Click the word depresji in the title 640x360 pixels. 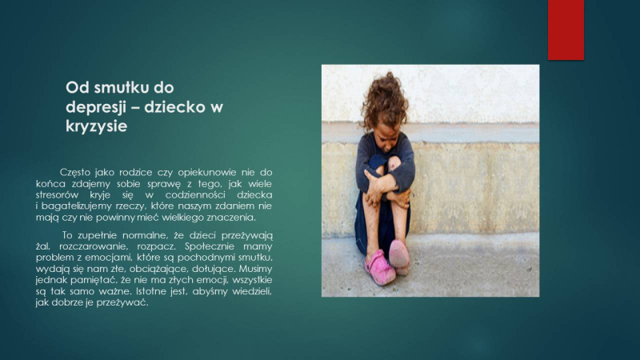(x=94, y=107)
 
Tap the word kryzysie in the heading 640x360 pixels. (x=96, y=126)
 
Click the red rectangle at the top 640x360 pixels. (x=566, y=30)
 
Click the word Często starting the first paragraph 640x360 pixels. (x=75, y=173)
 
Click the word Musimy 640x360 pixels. (x=255, y=269)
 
